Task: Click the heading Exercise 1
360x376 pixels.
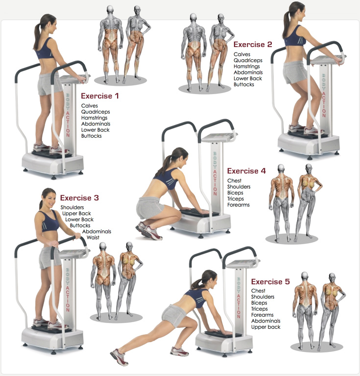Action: click(99, 96)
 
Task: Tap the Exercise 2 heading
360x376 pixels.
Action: click(253, 44)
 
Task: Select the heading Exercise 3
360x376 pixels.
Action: click(79, 198)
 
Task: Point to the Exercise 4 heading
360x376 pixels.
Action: click(246, 171)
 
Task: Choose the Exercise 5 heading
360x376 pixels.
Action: click(270, 281)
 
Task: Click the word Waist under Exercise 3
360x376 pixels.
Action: click(93, 237)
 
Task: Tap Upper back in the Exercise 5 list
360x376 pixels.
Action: click(265, 327)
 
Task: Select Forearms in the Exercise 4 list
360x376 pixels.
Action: click(239, 205)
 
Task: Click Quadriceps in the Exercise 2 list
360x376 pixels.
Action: click(248, 60)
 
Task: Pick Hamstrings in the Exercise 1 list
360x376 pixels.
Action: click(94, 118)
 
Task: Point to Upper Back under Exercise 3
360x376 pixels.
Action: click(76, 213)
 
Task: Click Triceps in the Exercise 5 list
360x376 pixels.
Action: click(259, 309)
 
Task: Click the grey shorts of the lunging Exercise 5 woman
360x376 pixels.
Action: click(174, 315)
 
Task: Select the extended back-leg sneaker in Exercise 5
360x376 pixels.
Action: click(119, 356)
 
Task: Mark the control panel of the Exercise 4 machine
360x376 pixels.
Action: click(218, 137)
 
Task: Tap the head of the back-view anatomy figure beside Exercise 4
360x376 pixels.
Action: click(281, 168)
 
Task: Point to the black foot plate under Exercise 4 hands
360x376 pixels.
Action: click(200, 213)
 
